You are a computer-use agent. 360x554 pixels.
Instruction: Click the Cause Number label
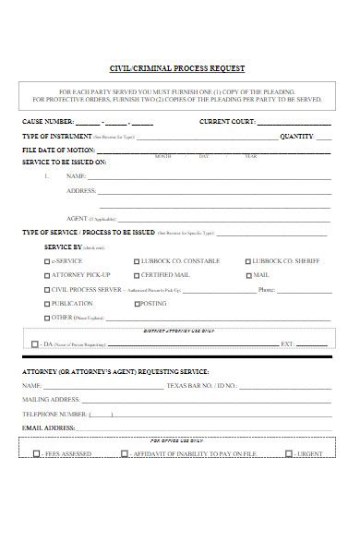pyautogui.click(x=47, y=122)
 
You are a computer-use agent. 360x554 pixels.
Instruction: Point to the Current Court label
pyautogui.click(x=226, y=122)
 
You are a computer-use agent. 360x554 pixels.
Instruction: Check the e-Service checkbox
pyautogui.click(x=48, y=261)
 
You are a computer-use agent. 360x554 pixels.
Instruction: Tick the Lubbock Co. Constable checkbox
pyautogui.click(x=137, y=261)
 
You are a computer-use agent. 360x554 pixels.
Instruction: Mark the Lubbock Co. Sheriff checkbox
pyautogui.click(x=248, y=261)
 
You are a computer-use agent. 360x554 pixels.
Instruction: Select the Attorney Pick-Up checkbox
pyautogui.click(x=48, y=275)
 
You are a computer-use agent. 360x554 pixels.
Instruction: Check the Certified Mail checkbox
pyautogui.click(x=137, y=275)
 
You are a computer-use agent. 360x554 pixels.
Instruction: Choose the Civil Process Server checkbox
pyautogui.click(x=48, y=289)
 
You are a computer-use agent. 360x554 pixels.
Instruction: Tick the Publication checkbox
pyautogui.click(x=48, y=303)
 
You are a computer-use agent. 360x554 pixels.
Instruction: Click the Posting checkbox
pyautogui.click(x=137, y=303)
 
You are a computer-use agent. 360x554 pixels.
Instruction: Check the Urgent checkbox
pyautogui.click(x=289, y=453)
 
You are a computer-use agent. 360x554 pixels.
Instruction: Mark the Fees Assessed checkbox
pyautogui.click(x=36, y=453)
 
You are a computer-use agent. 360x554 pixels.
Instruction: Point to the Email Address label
pyautogui.click(x=49, y=428)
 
